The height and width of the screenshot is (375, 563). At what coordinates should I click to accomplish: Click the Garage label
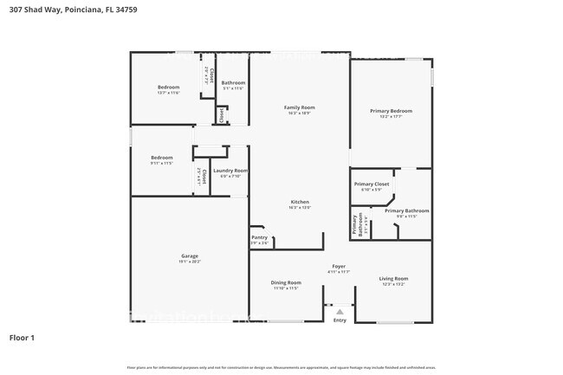coord(190,255)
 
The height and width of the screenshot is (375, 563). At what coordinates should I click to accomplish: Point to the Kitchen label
coord(299,202)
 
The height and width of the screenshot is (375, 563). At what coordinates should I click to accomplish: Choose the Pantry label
coord(259,237)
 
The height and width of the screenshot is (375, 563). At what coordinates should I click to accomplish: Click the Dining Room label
coord(286,282)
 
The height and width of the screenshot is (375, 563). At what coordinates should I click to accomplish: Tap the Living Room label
coord(393,279)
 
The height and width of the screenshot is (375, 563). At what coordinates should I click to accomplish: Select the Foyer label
coord(339,266)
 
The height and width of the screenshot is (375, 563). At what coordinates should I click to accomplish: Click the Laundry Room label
coord(230,171)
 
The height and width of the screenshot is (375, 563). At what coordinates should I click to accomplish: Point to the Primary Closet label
coord(371,184)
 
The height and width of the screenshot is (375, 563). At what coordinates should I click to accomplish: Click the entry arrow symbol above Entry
coord(340,312)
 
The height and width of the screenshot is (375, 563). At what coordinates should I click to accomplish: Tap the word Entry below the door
coord(340,320)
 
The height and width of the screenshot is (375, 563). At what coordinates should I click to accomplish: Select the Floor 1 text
coord(22,337)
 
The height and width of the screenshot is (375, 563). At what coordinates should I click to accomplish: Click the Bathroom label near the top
coord(233,83)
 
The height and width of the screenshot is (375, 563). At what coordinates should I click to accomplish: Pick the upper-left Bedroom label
coord(168,87)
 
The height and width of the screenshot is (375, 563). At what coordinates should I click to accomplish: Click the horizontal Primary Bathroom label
coord(406,210)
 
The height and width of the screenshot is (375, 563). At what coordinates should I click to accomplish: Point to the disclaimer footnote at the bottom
coord(281,367)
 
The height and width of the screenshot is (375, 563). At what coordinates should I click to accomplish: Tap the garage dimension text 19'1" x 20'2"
coord(190,261)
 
